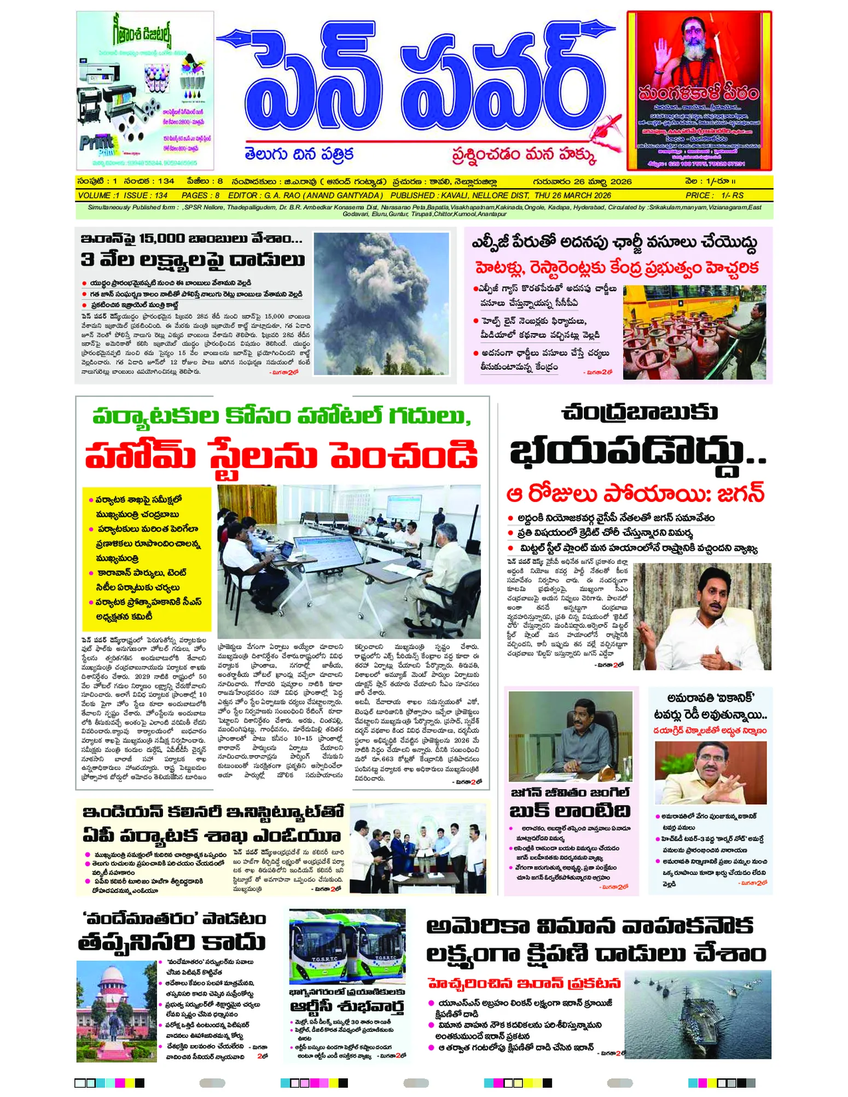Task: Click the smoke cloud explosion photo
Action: point(381,304)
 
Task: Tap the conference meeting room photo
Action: point(349,561)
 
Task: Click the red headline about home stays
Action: point(281,455)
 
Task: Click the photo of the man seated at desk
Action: point(570,736)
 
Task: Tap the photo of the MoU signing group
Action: point(417,849)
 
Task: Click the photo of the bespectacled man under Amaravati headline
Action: point(710,772)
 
